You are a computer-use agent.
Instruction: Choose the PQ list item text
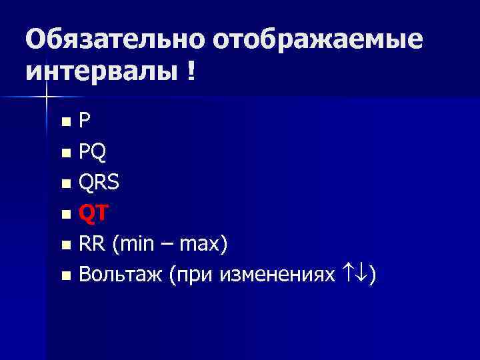pos(91,153)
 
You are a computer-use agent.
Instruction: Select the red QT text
pos(91,213)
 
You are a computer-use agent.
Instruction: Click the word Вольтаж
pos(120,274)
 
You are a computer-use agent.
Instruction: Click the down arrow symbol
pos(367,274)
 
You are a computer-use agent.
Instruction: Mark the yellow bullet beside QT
pos(65,215)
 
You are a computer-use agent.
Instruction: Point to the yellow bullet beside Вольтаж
pos(65,275)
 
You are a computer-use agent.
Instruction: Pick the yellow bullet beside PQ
pos(65,153)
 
